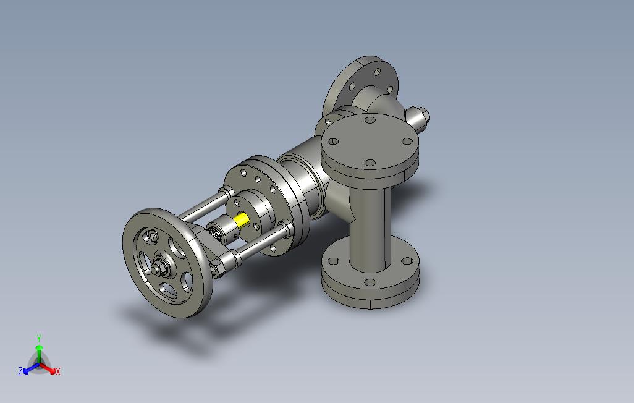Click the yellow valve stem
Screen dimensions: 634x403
pyautogui.click(x=242, y=221)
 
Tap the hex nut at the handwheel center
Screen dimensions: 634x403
pyautogui.click(x=158, y=268)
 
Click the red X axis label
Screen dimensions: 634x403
pyautogui.click(x=58, y=371)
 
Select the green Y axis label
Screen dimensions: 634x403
pyautogui.click(x=39, y=338)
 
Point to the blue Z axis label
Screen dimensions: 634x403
pyautogui.click(x=20, y=371)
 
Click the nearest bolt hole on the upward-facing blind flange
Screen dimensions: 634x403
pyautogui.click(x=370, y=163)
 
